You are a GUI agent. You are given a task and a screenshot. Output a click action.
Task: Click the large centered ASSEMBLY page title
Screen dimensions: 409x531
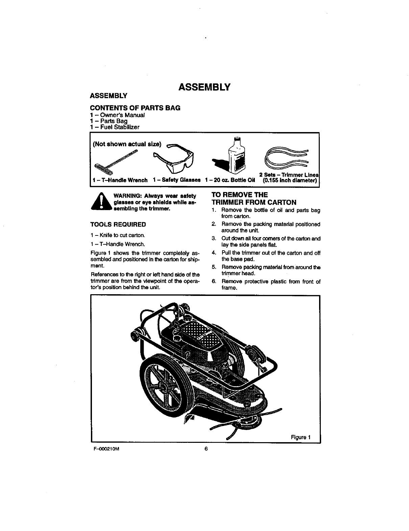pyautogui.click(x=204, y=87)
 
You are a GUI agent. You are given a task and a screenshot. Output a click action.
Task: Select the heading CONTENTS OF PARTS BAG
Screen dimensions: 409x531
pyautogui.click(x=135, y=108)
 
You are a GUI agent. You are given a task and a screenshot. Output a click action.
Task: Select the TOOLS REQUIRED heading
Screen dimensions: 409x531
pyautogui.click(x=118, y=225)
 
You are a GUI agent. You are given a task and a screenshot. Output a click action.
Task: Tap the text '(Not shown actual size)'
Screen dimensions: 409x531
pyautogui.click(x=127, y=144)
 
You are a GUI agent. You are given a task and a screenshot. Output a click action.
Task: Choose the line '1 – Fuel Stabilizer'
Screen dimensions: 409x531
pyautogui.click(x=115, y=127)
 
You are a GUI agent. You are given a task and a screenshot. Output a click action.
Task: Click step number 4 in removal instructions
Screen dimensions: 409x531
pyautogui.click(x=214, y=253)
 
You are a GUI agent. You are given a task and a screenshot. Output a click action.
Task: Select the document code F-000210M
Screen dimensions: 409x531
pyautogui.click(x=103, y=449)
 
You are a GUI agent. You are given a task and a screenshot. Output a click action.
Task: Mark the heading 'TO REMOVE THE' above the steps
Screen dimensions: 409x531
pyautogui.click(x=239, y=195)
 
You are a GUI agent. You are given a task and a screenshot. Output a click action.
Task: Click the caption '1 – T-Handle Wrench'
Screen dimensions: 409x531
pyautogui.click(x=120, y=180)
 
